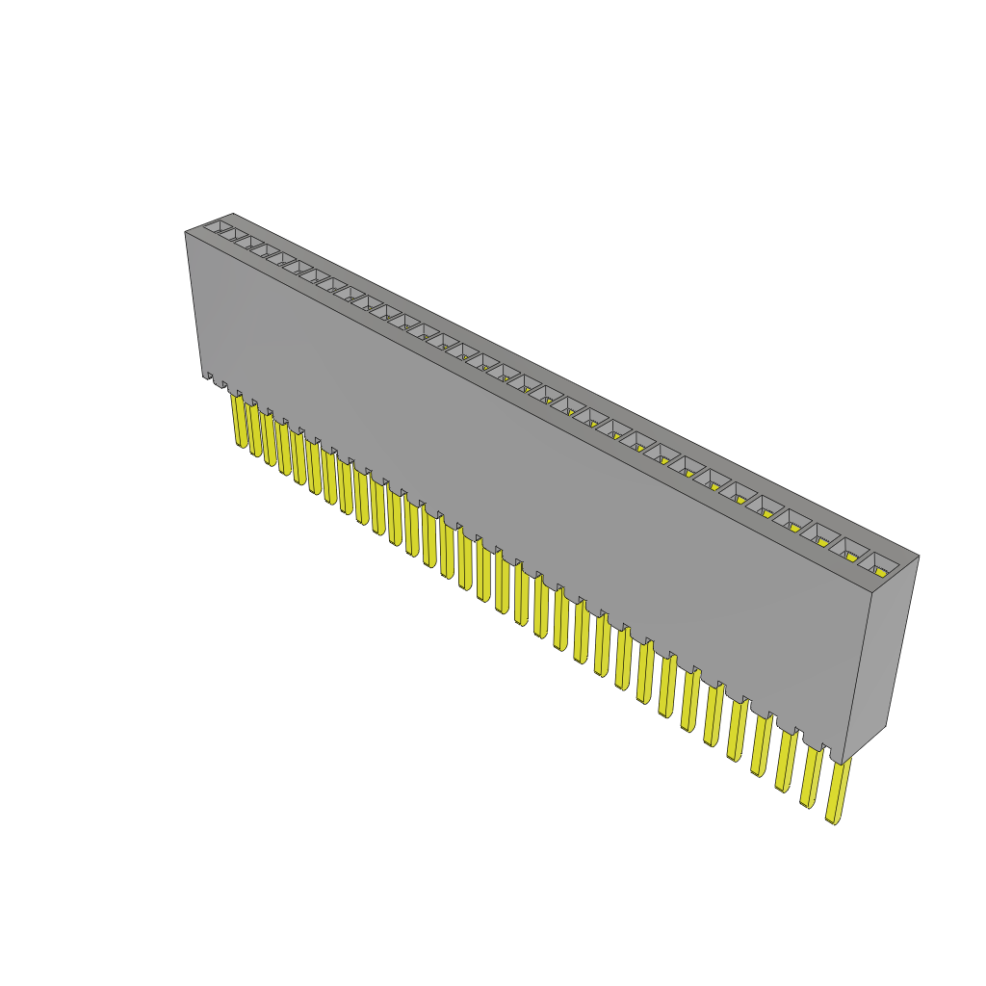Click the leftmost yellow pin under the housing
238,422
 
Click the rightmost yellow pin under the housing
838,791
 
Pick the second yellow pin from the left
254,430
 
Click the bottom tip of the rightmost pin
833,821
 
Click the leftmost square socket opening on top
221,226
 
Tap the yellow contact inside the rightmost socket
882,571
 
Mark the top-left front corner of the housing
185,232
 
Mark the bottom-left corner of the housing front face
203,376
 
